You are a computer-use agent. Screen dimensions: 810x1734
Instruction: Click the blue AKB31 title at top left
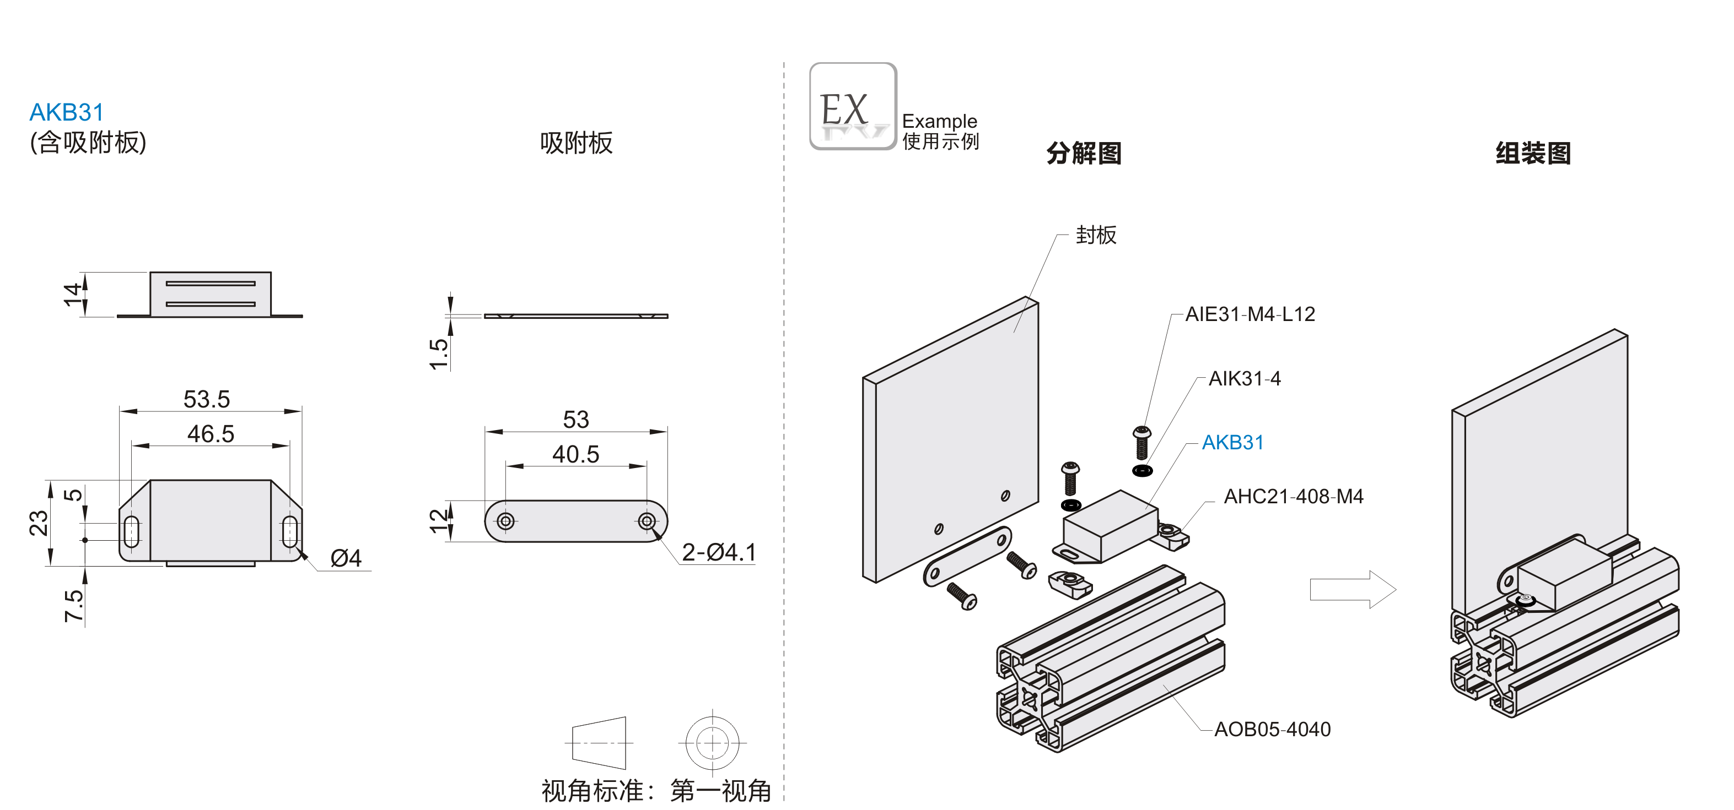pyautogui.click(x=67, y=112)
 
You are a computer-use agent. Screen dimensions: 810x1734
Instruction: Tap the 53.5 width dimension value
pyautogui.click(x=207, y=399)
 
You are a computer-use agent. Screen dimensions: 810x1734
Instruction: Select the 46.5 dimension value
pyautogui.click(x=211, y=434)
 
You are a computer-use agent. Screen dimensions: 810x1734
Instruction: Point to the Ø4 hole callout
pyautogui.click(x=346, y=558)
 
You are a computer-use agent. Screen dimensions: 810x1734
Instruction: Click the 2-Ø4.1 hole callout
pyautogui.click(x=719, y=552)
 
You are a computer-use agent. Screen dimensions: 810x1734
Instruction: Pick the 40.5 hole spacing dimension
pyautogui.click(x=575, y=454)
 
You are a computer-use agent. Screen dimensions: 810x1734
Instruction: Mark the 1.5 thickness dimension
pyautogui.click(x=438, y=354)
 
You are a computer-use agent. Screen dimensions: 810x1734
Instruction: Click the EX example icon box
pyautogui.click(x=852, y=106)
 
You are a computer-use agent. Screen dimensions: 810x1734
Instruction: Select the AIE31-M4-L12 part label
pyautogui.click(x=1250, y=314)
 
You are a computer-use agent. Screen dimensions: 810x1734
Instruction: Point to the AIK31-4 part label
pyautogui.click(x=1245, y=379)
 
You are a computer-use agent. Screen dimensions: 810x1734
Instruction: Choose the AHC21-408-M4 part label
pyautogui.click(x=1293, y=497)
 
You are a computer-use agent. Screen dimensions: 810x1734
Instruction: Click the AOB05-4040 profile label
pyautogui.click(x=1272, y=729)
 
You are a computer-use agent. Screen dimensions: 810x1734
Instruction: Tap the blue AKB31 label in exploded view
pyautogui.click(x=1232, y=443)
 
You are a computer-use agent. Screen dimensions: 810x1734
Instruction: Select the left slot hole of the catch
pyautogui.click(x=132, y=531)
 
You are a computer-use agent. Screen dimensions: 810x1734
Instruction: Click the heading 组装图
pyautogui.click(x=1533, y=154)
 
